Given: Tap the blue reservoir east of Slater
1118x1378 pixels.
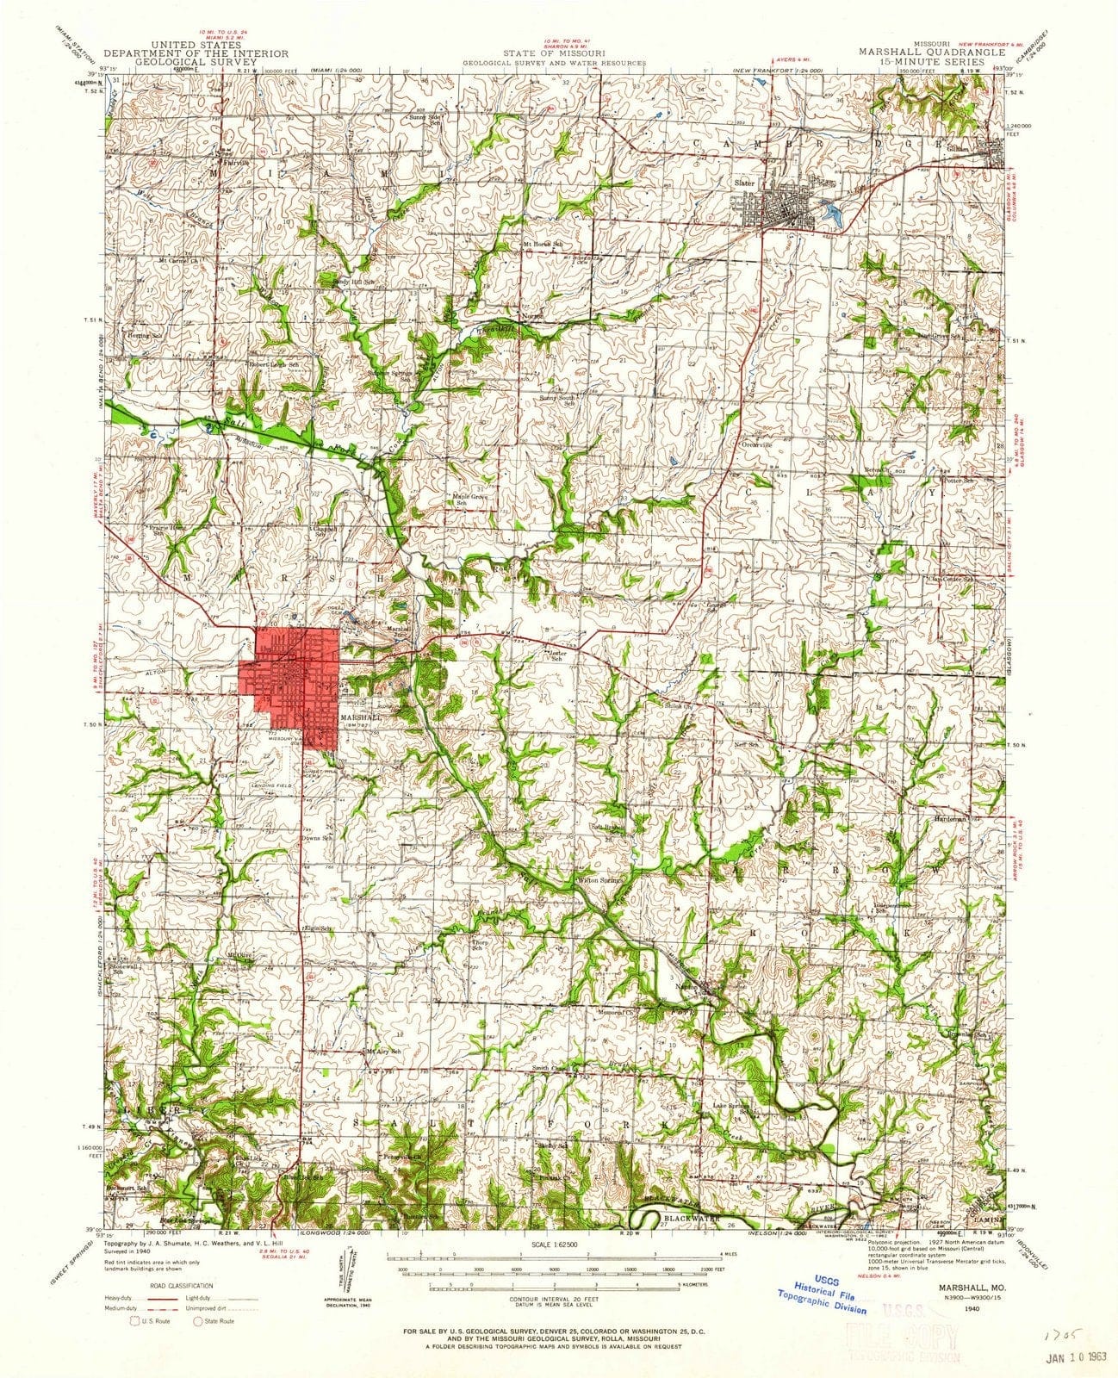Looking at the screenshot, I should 832,209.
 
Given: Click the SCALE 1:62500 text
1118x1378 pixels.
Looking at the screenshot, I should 559,1247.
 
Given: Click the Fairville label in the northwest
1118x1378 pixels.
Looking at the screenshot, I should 237,162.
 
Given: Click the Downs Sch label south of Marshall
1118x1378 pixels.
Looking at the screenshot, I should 311,836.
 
